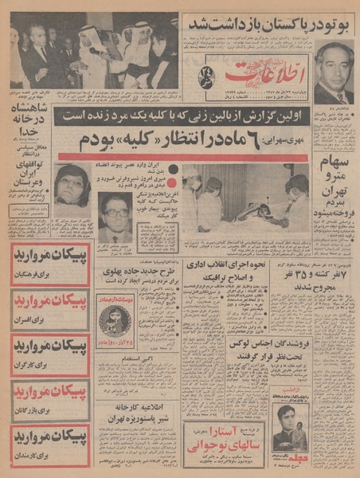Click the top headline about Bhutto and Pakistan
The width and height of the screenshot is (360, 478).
268,23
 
